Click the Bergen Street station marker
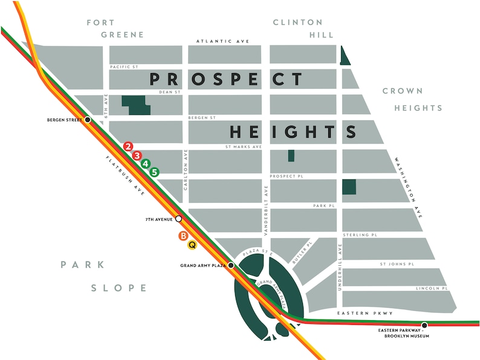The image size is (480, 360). point(88,120)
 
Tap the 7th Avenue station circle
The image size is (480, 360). point(179,219)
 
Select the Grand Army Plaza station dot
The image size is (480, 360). point(231,265)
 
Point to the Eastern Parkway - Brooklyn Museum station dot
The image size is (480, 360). point(424,325)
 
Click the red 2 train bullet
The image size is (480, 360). point(128,147)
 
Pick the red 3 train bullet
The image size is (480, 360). point(137,155)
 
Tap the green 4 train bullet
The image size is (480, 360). point(146,164)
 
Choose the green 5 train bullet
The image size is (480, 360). point(155,172)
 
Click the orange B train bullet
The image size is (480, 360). point(183,236)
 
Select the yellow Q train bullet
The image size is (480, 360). point(192,245)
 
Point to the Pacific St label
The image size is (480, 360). point(124,66)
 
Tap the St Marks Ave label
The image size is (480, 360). point(243,147)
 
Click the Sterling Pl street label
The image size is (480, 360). point(360,234)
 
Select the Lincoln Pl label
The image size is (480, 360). point(432,289)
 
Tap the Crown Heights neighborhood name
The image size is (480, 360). point(410,99)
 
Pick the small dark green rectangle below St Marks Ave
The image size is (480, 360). point(291,155)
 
